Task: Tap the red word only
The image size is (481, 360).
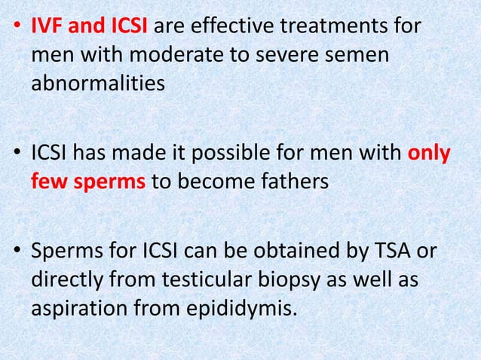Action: coord(430,154)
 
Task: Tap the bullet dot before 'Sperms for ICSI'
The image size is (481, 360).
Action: coord(17,253)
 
